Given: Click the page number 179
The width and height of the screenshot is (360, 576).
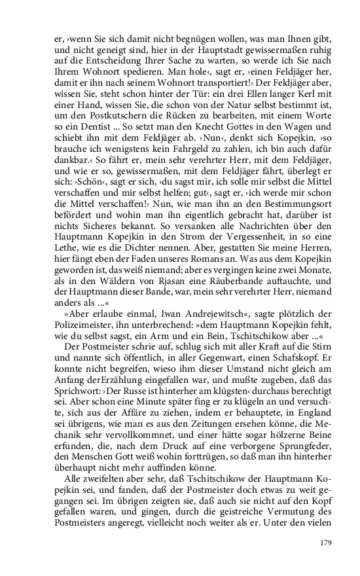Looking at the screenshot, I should tap(327, 542).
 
